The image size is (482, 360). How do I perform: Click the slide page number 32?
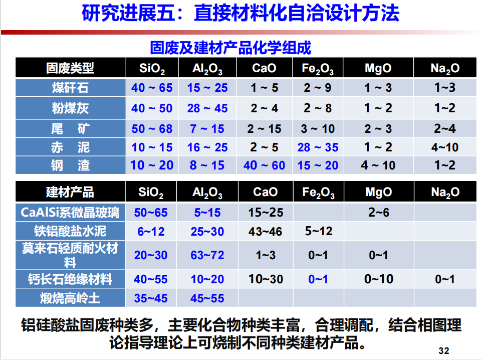point(443,351)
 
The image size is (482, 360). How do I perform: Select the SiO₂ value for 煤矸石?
point(152,88)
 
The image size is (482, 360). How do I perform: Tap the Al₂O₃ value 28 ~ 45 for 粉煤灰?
point(207,108)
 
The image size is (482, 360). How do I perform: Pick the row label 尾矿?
point(70,129)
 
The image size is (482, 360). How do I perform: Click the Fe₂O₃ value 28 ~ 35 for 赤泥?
point(318,147)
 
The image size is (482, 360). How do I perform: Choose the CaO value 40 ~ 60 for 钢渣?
point(265,165)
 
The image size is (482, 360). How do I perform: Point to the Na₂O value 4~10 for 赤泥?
point(445,147)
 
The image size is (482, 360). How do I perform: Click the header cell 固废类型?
point(70,68)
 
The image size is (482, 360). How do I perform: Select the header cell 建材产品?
point(70,192)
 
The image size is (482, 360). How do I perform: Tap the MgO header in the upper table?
point(378,68)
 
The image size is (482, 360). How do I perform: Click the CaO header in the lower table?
point(265,192)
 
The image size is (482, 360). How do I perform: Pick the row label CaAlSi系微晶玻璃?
point(70,213)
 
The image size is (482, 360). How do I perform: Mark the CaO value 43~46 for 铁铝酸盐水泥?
point(265,231)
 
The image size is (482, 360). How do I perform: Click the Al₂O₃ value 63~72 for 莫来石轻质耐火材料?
point(207,255)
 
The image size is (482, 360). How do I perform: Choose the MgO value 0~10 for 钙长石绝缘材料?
point(379,279)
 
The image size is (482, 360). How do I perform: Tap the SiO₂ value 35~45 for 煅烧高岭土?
point(151,298)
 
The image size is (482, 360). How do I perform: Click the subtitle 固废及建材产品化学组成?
point(230,48)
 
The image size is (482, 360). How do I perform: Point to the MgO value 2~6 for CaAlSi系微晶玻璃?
point(379,213)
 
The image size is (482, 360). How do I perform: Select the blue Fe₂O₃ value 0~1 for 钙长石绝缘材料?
point(318,279)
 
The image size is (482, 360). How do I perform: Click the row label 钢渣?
point(70,165)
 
